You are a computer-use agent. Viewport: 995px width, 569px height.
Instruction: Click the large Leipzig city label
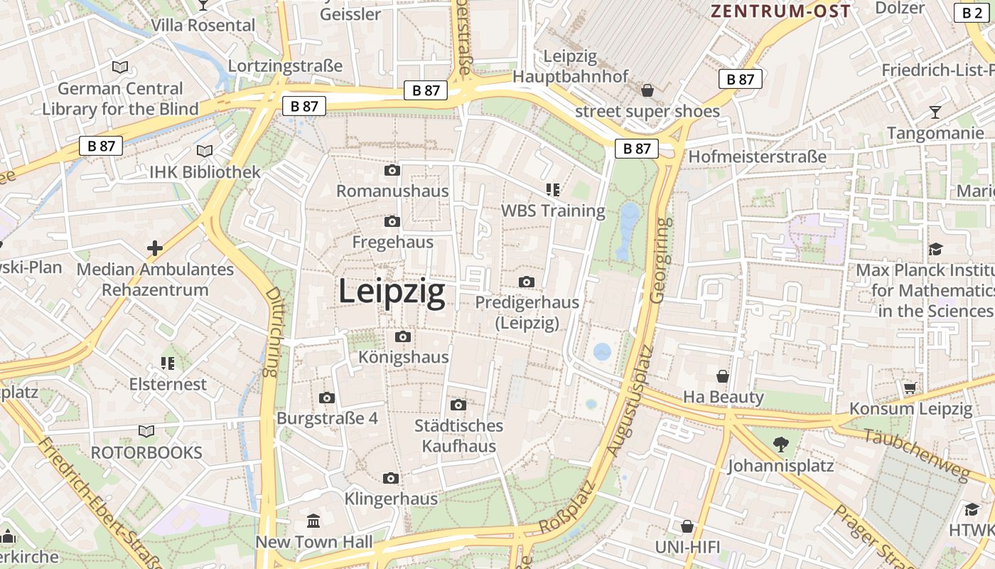(392, 292)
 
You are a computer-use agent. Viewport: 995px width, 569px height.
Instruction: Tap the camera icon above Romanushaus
(392, 171)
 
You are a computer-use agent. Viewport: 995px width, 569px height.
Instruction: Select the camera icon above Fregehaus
(392, 222)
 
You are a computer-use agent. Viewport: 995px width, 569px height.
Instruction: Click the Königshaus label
(404, 356)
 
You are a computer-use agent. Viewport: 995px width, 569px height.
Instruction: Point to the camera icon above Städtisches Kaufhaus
(458, 405)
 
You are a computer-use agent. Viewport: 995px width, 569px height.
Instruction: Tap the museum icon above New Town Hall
(313, 521)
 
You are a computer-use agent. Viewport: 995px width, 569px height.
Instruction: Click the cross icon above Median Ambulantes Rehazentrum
(155, 248)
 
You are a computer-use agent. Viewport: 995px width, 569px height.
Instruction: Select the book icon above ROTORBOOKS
(146, 432)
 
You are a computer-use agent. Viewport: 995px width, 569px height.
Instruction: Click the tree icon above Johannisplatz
(780, 445)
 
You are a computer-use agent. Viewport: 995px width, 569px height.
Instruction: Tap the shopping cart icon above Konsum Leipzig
(910, 388)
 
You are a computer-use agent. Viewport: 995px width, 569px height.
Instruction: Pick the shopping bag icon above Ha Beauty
(723, 376)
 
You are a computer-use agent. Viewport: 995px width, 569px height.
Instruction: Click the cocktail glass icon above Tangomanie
(935, 112)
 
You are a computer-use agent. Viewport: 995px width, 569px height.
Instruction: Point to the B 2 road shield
(972, 12)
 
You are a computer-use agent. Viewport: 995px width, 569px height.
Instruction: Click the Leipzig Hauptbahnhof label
(570, 66)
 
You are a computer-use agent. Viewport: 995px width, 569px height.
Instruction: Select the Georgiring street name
(661, 260)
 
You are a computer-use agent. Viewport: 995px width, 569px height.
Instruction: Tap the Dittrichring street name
(272, 331)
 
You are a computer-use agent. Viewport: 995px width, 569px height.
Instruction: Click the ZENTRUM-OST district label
(781, 11)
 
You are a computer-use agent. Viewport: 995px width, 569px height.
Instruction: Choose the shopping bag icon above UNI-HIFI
(687, 526)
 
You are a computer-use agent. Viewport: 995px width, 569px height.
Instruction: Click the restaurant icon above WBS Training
(553, 189)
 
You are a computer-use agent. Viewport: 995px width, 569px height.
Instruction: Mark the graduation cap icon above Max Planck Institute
(935, 249)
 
